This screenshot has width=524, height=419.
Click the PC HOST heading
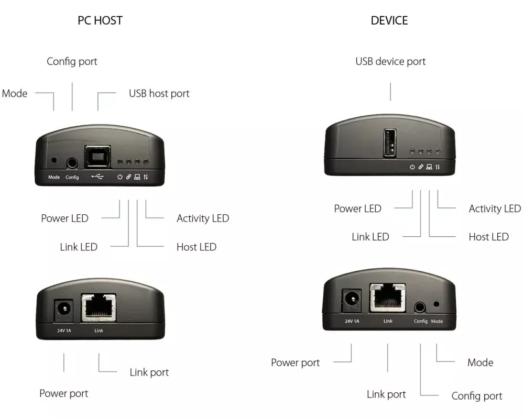(x=100, y=21)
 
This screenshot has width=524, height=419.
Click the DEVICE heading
(x=389, y=21)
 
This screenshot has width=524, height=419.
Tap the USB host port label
(x=159, y=94)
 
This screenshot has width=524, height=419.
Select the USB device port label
(x=390, y=61)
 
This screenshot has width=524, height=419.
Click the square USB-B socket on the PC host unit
(x=97, y=155)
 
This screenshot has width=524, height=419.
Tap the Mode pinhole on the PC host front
(x=53, y=161)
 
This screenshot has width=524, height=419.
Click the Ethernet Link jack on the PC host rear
(x=99, y=307)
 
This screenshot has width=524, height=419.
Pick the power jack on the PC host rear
(x=64, y=310)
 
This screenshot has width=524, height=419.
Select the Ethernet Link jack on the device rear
(x=388, y=297)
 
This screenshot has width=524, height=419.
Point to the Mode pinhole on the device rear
(x=436, y=303)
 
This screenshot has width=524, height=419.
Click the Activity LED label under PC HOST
(x=203, y=218)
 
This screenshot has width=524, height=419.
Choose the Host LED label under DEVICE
(x=488, y=237)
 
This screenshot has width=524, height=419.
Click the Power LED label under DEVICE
(x=357, y=208)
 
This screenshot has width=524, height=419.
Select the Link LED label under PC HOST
(x=79, y=247)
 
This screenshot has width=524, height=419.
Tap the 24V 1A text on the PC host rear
(x=64, y=331)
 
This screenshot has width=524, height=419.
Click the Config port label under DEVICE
(x=477, y=396)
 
